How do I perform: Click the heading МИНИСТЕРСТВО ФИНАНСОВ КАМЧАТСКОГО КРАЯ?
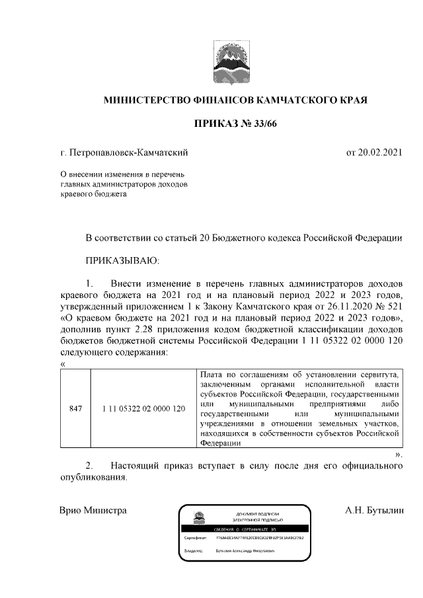(235, 100)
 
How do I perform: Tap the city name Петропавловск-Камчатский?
(129, 153)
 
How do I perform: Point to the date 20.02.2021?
(374, 153)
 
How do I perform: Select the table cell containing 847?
(75, 410)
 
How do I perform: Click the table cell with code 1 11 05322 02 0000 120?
(143, 410)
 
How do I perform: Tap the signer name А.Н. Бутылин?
(373, 510)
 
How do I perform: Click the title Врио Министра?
(93, 510)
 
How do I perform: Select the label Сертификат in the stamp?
(196, 539)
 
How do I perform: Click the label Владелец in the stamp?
(194, 550)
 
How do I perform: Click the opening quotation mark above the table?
(62, 363)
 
